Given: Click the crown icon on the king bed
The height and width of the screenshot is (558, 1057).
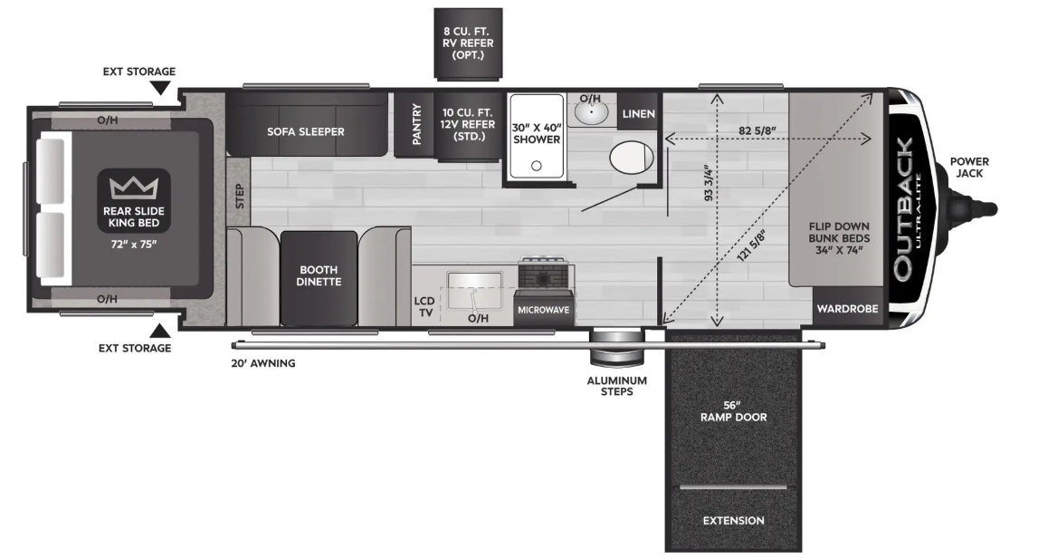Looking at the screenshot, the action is point(134,188).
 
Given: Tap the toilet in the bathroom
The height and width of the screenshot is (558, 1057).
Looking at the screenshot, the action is point(632,158).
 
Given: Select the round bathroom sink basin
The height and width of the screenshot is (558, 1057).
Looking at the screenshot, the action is point(592,112).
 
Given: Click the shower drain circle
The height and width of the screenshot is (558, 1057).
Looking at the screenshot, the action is point(537,166).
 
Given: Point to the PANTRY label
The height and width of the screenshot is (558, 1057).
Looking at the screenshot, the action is point(416,124).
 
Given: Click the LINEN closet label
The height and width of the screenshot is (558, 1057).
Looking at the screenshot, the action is point(638,114).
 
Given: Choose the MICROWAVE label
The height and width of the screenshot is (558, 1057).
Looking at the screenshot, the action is point(543,310).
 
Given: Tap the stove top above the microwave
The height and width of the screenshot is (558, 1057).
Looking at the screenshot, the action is point(546,273).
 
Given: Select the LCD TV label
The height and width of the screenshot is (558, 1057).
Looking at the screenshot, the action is point(424,306).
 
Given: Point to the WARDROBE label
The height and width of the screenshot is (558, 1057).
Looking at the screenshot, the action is point(847,308).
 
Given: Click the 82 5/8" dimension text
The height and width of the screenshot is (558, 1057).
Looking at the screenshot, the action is point(757,130).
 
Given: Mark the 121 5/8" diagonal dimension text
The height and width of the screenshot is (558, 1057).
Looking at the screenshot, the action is point(752,245).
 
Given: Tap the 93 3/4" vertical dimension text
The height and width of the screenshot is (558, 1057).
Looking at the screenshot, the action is point(708,183).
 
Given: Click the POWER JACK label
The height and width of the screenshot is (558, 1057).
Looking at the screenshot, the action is point(969,168).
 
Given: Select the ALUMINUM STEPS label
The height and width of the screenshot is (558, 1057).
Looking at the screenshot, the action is point(617,386).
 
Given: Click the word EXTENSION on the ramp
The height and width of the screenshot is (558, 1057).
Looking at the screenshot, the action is point(733,521).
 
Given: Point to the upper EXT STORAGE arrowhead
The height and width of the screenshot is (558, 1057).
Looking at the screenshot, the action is point(160,89).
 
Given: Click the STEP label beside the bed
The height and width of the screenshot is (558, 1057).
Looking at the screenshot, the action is point(239,196).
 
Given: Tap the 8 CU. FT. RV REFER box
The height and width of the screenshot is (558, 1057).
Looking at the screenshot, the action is point(468,43).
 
